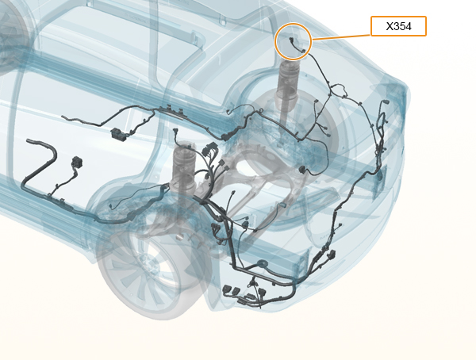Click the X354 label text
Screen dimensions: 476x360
tap(398, 26)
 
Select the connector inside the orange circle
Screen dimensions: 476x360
tap(297, 45)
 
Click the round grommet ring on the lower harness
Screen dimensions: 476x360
tap(261, 264)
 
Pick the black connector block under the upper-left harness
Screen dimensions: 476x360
tap(117, 133)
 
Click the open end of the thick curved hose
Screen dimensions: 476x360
tap(29, 141)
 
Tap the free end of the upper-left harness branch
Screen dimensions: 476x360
tap(63, 117)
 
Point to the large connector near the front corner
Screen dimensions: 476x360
tap(332, 254)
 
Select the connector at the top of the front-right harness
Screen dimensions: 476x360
tap(386, 102)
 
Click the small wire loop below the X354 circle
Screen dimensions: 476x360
tap(339, 90)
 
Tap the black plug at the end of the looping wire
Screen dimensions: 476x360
tap(302, 170)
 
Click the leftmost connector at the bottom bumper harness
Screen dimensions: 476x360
tap(227, 289)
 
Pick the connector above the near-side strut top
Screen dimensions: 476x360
tap(175, 131)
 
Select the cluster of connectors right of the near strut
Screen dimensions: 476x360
tap(209, 151)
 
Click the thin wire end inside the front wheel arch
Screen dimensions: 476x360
tap(111, 207)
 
